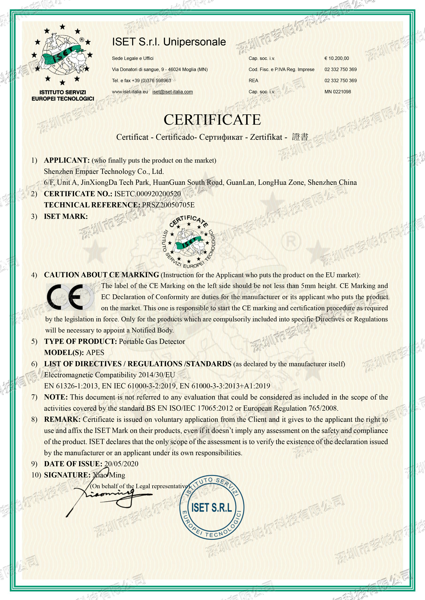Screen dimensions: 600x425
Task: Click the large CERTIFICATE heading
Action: tap(212, 120)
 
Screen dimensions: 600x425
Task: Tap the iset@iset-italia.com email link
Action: tap(173, 92)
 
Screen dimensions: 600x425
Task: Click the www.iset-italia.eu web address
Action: tap(130, 92)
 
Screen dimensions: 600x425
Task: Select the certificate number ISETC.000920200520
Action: tap(147, 194)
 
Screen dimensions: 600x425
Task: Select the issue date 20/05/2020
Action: tap(121, 464)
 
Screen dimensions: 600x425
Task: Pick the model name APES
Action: tap(95, 353)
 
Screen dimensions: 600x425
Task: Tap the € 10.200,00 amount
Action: tap(337, 58)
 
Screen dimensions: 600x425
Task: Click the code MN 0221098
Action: tap(338, 92)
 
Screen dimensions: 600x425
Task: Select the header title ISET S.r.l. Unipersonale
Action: tap(169, 42)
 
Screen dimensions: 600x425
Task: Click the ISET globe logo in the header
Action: tap(62, 55)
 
